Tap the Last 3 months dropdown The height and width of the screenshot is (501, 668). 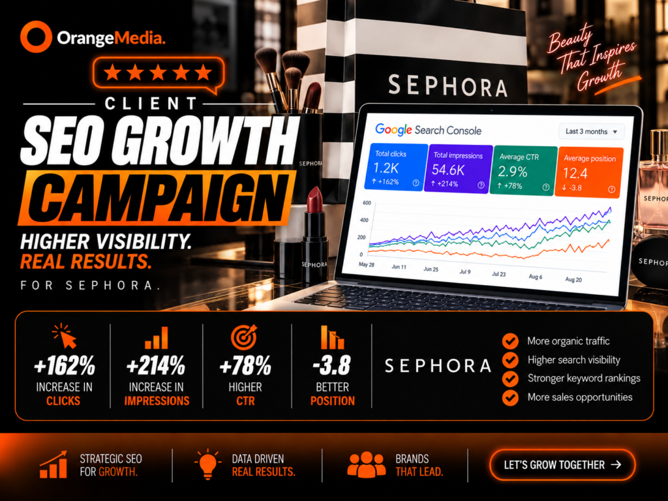(x=591, y=131)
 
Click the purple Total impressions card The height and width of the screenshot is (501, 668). (x=459, y=169)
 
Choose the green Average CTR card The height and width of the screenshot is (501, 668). (x=524, y=170)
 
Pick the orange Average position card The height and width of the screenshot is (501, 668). (x=589, y=172)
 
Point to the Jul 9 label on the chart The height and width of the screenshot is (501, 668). (x=465, y=271)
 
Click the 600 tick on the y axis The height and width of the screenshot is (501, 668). (x=367, y=203)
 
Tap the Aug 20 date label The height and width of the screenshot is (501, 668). (x=573, y=279)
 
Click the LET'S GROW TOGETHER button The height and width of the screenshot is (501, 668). (x=562, y=464)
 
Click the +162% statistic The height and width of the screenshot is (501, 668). (x=65, y=365)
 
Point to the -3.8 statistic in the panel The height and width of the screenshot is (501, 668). (x=332, y=365)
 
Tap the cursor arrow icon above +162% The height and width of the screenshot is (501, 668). (x=65, y=337)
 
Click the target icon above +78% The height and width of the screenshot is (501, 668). (x=244, y=337)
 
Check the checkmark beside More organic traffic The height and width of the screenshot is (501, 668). (x=510, y=341)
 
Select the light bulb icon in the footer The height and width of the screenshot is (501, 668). (x=208, y=464)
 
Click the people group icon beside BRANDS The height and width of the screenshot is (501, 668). (x=367, y=464)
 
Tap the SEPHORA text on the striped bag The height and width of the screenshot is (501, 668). (x=448, y=85)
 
